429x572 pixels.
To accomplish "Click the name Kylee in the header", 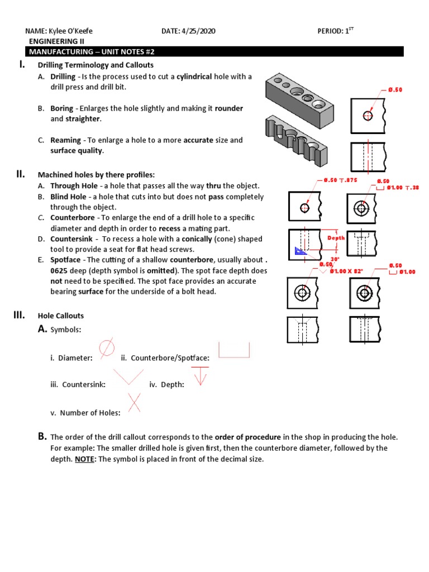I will [x=56, y=32].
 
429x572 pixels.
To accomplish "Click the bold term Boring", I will [x=61, y=108].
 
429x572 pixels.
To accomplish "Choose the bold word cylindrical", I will [x=194, y=77].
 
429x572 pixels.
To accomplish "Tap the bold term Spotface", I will [x=65, y=260].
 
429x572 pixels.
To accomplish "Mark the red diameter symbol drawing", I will [x=107, y=347].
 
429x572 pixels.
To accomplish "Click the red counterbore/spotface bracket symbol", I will [x=233, y=350].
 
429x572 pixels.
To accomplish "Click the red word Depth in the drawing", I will [x=336, y=238].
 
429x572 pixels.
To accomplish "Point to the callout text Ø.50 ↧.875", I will [x=340, y=180].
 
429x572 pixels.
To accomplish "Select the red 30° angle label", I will [x=335, y=259].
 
